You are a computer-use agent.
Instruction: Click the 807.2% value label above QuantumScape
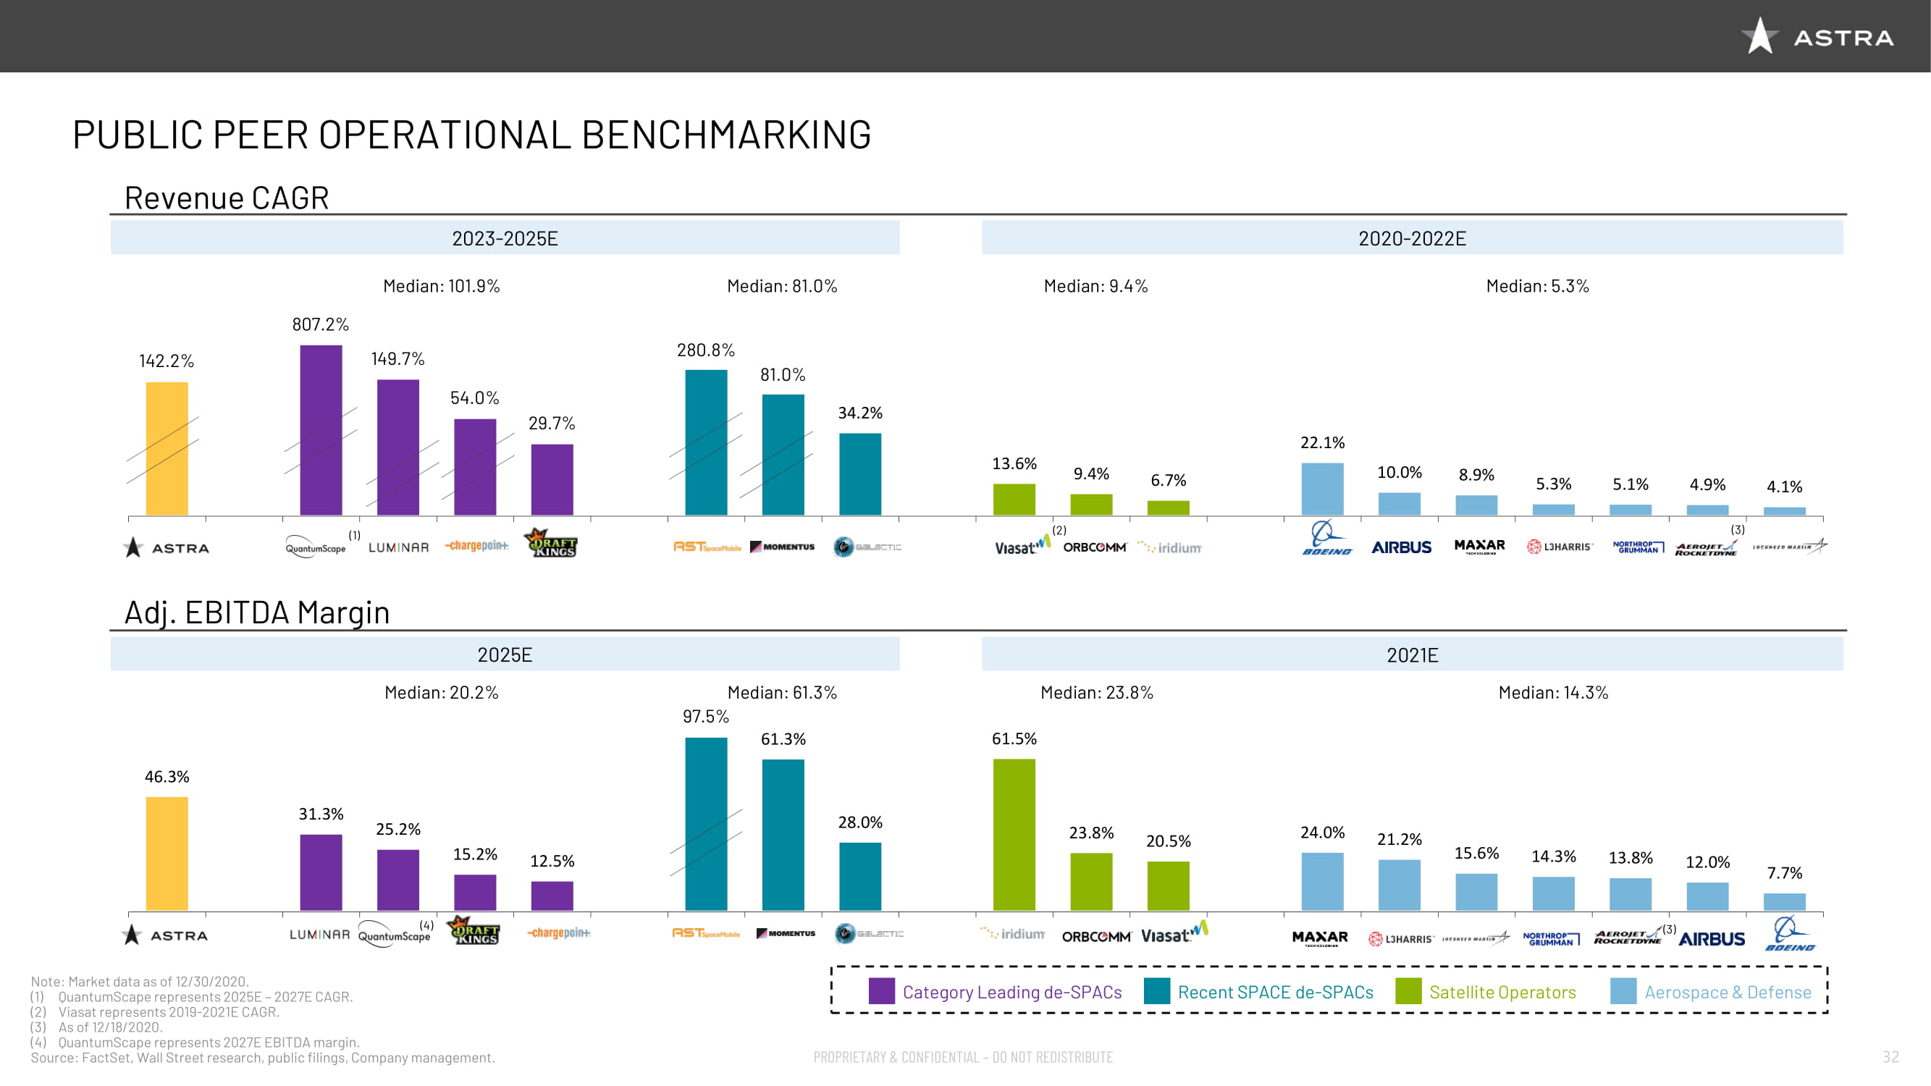(x=320, y=324)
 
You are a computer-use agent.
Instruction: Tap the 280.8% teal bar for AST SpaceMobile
(x=705, y=442)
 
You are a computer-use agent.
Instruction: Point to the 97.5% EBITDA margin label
(x=705, y=717)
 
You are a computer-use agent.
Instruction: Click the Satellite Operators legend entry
(x=1502, y=992)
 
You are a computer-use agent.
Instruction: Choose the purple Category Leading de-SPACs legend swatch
(x=881, y=991)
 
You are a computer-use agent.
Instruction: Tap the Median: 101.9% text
(x=441, y=286)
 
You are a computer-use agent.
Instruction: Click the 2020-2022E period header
(x=1412, y=238)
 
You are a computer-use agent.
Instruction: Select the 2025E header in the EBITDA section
(x=505, y=655)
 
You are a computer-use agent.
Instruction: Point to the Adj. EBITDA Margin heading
(x=256, y=613)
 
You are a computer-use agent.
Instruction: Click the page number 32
(x=1890, y=1057)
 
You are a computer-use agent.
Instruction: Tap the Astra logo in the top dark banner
(x=1817, y=37)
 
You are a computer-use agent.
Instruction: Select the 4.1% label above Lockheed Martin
(x=1784, y=487)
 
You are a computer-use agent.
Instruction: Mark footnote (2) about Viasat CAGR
(x=154, y=1012)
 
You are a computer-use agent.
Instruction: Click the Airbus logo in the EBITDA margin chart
(x=1712, y=939)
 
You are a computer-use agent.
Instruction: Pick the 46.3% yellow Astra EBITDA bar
(x=167, y=854)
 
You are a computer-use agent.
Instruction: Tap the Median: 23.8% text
(x=1096, y=693)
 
